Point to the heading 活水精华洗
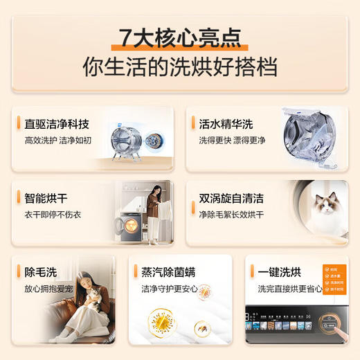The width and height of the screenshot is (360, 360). (x=222, y=125)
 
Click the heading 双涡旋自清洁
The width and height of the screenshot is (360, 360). (x=231, y=199)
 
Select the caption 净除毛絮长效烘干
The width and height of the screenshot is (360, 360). (x=231, y=215)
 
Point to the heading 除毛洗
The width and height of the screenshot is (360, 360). (x=39, y=273)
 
